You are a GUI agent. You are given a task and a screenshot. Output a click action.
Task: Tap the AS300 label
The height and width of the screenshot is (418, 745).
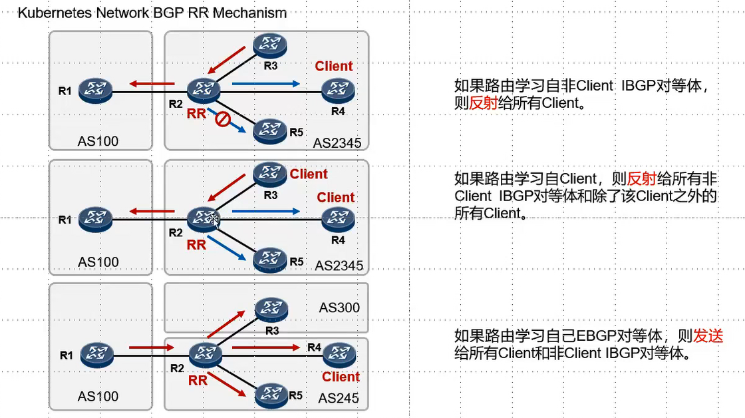(x=339, y=308)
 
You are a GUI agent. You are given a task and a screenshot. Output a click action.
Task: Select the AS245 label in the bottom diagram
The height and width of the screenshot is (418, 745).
(x=338, y=398)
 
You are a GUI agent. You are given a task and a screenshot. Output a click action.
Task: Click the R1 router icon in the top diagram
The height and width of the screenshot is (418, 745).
(x=95, y=90)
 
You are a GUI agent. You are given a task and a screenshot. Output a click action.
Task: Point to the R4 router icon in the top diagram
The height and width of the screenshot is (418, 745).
(x=339, y=90)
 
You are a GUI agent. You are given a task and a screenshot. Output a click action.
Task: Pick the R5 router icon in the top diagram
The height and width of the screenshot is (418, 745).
(x=269, y=130)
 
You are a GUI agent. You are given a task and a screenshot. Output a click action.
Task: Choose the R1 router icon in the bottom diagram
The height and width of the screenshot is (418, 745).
(x=97, y=355)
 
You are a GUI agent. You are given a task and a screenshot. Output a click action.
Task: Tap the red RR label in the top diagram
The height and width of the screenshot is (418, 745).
(x=196, y=114)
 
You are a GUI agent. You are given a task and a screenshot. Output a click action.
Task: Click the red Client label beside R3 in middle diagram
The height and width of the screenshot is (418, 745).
(x=309, y=174)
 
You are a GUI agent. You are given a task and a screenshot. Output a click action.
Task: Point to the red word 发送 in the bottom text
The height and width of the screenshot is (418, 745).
(x=708, y=335)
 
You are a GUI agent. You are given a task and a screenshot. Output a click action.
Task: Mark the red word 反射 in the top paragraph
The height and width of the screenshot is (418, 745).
(x=484, y=103)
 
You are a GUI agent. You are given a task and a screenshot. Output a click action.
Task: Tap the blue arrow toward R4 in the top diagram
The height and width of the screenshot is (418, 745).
(x=265, y=83)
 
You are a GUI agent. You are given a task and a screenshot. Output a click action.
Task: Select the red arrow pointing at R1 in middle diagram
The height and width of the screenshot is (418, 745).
(x=152, y=212)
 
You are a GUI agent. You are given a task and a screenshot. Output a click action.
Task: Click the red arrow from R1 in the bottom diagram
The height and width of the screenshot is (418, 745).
(x=151, y=347)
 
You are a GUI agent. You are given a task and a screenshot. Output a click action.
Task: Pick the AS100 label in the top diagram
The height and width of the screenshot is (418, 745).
(x=98, y=141)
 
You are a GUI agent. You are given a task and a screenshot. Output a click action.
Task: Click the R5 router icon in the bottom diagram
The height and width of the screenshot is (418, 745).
(x=270, y=394)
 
